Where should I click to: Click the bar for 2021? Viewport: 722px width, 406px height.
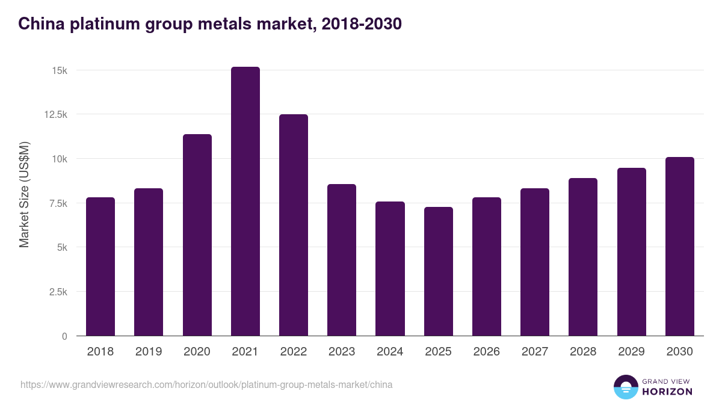[245, 201]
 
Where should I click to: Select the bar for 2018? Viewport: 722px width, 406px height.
[100, 266]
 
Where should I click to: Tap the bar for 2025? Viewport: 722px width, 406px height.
[438, 271]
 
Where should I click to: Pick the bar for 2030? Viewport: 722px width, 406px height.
[679, 247]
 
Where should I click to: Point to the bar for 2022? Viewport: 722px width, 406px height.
[294, 225]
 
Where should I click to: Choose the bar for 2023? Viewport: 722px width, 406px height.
[342, 260]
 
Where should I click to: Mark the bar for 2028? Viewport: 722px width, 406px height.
[583, 257]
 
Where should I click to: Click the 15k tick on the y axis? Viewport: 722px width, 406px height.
[60, 70]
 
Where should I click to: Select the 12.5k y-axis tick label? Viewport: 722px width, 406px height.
[55, 114]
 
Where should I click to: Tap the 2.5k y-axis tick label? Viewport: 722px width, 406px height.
[58, 292]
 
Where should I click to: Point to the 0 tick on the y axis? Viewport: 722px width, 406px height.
[64, 336]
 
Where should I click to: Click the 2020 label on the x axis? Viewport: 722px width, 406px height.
[197, 352]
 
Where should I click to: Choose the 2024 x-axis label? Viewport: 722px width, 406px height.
[390, 352]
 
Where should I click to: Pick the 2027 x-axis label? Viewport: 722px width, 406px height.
[535, 352]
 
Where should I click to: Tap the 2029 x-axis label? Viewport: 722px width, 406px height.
[631, 352]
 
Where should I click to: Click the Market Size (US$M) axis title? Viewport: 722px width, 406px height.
[24, 194]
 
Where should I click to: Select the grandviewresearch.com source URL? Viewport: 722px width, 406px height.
[206, 384]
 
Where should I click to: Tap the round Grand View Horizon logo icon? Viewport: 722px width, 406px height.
[625, 387]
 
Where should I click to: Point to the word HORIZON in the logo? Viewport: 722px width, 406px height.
[667, 392]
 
